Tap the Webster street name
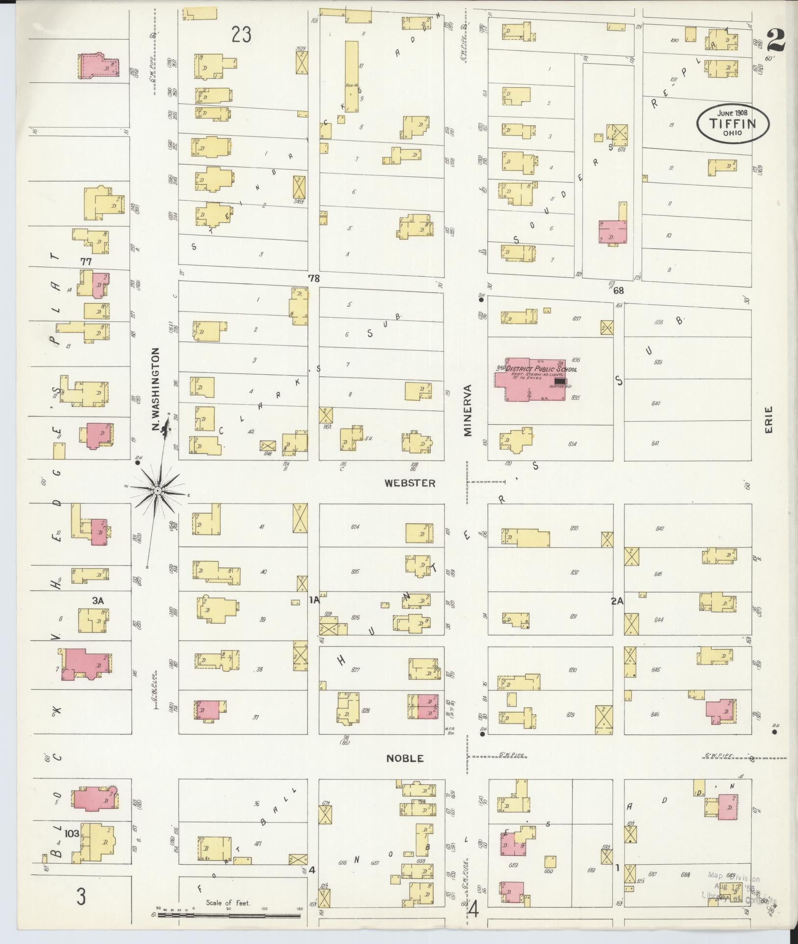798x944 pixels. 410,483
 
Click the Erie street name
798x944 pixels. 768,419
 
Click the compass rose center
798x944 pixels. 158,490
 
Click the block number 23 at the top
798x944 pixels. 242,35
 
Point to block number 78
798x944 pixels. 313,278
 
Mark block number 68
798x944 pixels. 618,290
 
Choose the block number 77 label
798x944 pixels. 86,262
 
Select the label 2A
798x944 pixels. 617,601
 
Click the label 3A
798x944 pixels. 99,600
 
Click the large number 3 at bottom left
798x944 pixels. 81,897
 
